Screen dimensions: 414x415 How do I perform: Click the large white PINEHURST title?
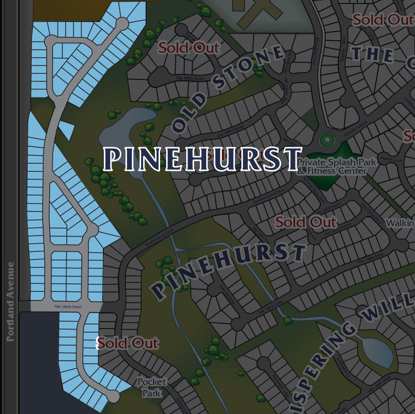coord(203,159)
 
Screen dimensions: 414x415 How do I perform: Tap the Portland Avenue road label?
coord(11,301)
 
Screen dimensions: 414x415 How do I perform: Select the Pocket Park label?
coord(151,387)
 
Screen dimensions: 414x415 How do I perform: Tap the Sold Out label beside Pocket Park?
coord(127,344)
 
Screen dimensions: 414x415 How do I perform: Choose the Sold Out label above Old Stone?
coord(189,48)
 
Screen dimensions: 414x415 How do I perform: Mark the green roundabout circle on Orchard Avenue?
coord(327,140)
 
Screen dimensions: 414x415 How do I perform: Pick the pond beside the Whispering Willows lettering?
coord(376,352)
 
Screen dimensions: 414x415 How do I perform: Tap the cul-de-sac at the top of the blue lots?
coord(122,24)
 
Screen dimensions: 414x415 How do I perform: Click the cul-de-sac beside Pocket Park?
coord(114,396)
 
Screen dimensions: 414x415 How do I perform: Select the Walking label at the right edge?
coord(400,223)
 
